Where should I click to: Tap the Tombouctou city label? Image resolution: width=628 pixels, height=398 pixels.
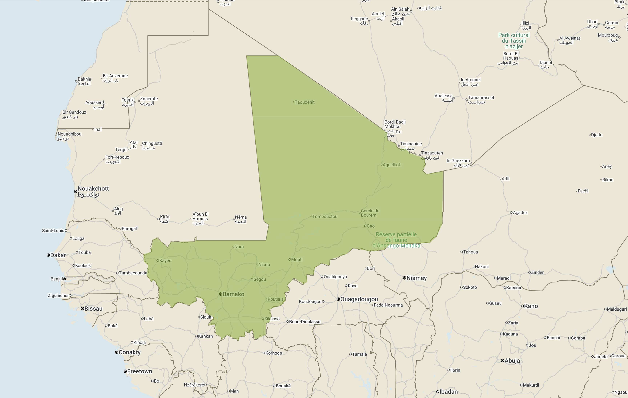[325, 216]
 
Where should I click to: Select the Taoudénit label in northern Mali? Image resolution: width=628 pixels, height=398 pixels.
[304, 102]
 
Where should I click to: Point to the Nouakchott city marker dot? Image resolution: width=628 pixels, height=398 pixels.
[76, 192]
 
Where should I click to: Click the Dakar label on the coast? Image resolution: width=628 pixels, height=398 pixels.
[58, 255]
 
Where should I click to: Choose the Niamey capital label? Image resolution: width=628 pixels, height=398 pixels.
[416, 278]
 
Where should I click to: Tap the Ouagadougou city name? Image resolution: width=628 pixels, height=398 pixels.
[359, 299]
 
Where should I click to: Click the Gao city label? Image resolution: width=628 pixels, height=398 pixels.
[371, 226]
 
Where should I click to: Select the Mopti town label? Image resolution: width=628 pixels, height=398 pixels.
[297, 259]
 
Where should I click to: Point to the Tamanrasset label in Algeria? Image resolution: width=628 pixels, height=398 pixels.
[481, 98]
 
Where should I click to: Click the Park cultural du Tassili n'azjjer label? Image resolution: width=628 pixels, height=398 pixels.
[514, 41]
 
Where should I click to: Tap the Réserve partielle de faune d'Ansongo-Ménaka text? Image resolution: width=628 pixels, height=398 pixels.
[396, 240]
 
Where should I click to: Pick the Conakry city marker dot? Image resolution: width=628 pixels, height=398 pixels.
[117, 352]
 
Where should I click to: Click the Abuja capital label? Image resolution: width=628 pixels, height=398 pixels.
[512, 361]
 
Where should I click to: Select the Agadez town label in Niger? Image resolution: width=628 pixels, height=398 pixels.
[520, 212]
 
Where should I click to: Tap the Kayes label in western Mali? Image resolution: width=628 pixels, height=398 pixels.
[165, 260]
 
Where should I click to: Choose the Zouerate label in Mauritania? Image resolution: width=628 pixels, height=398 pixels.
[149, 99]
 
